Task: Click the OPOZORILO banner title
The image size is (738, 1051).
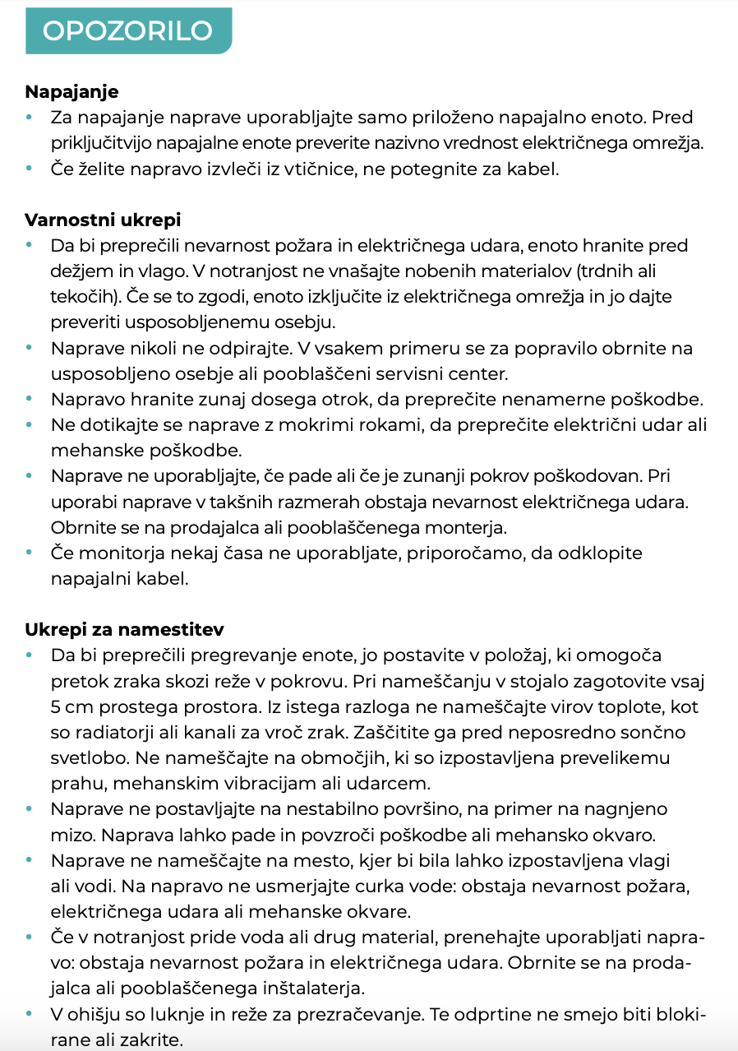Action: [127, 30]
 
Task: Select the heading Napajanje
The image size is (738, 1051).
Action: [71, 91]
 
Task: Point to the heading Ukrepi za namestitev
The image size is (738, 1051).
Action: [124, 629]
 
